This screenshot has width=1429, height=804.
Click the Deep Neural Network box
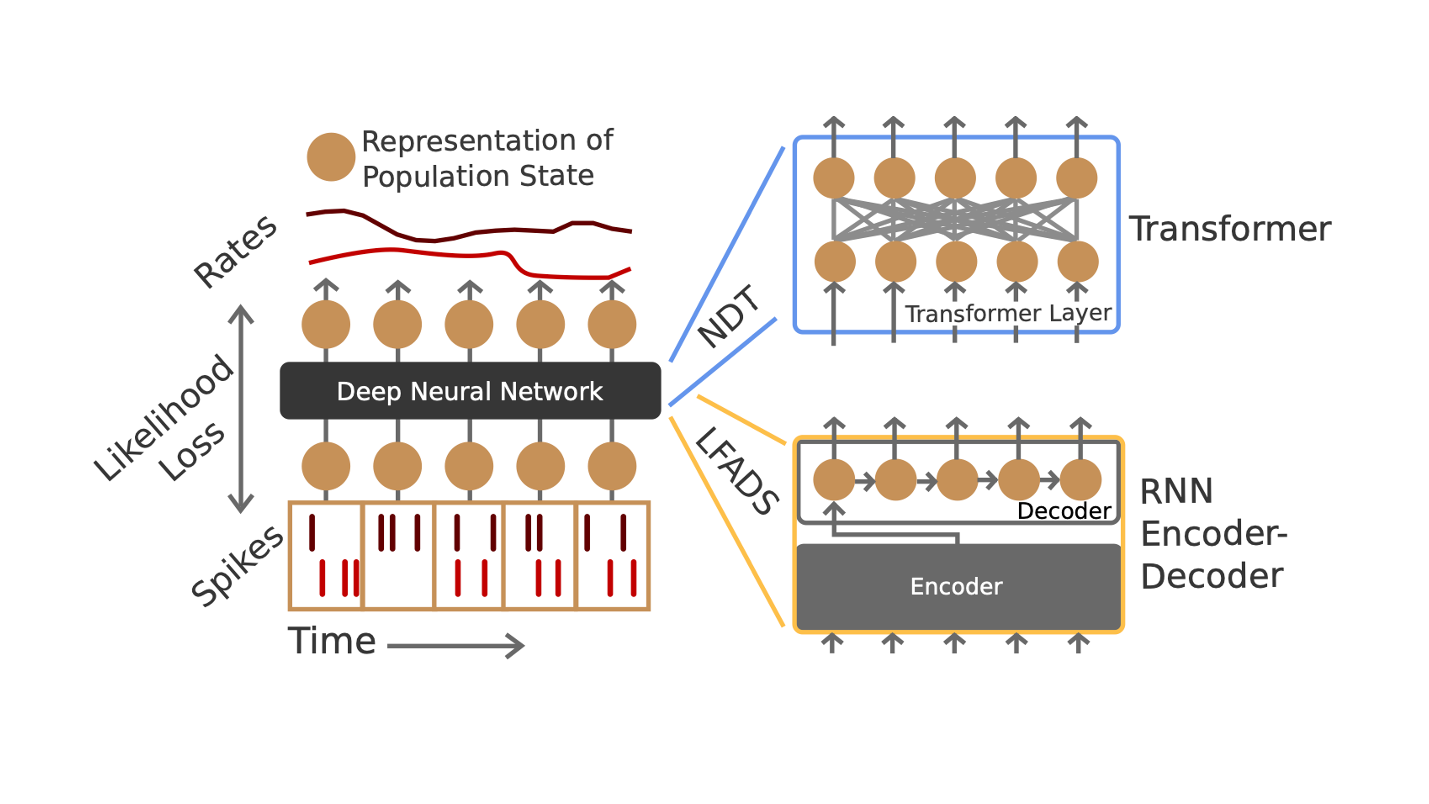point(470,391)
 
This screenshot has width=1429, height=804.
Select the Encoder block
point(957,586)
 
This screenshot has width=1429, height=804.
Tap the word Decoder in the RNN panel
point(1064,511)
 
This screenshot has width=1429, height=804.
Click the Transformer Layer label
point(1008,313)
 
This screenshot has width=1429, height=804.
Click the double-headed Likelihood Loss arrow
point(241,408)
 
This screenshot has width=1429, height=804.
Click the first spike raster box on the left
point(325,556)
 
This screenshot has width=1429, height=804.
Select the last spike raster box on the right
point(612,556)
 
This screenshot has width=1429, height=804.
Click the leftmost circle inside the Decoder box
point(834,480)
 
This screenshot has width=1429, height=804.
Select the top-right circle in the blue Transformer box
point(1076,178)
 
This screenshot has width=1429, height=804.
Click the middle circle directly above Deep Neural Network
point(469,324)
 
